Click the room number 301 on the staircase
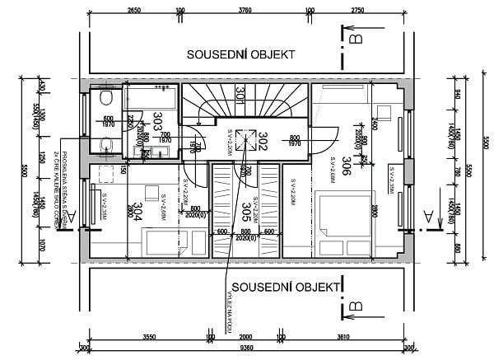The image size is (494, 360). tap(240, 96)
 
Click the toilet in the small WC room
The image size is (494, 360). tap(105, 98)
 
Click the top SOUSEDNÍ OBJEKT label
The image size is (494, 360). tap(240, 54)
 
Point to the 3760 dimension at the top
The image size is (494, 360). tap(245, 12)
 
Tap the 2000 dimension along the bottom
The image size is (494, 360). tap(245, 337)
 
